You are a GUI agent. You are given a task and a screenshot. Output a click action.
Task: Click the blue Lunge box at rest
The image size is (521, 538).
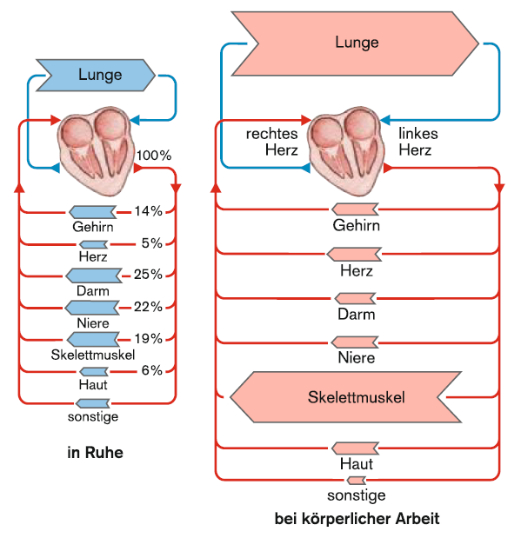click(x=96, y=75)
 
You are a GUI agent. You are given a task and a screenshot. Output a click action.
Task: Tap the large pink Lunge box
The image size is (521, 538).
click(x=356, y=43)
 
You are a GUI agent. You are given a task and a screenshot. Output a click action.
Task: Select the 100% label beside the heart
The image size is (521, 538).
click(x=154, y=156)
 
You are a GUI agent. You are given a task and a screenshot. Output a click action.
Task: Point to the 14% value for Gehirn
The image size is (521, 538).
click(x=148, y=211)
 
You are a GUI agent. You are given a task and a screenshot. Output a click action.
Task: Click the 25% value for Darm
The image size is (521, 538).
click(x=148, y=274)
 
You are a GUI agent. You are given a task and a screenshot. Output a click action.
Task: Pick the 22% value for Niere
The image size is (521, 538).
click(x=148, y=307)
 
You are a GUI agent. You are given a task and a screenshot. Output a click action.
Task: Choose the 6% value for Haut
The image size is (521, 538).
click(x=152, y=370)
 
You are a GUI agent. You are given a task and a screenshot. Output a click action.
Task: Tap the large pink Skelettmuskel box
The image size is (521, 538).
click(x=346, y=397)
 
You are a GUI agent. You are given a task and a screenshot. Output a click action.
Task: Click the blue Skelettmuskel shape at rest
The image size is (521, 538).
click(x=93, y=339)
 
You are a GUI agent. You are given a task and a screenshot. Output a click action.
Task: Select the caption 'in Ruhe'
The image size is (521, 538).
click(x=95, y=452)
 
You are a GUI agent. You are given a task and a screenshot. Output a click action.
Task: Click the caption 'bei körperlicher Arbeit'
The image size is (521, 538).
click(x=357, y=518)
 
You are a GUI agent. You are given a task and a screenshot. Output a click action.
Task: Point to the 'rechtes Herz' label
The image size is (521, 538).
click(x=271, y=142)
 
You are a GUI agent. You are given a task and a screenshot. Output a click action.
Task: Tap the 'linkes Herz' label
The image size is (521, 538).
click(x=418, y=142)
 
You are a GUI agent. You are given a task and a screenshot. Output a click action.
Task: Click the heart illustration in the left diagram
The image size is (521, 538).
click(x=97, y=151)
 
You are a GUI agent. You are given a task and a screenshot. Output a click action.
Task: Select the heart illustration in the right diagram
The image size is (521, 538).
click(x=346, y=151)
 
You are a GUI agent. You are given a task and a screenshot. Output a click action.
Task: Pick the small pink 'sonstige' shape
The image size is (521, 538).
click(x=356, y=481)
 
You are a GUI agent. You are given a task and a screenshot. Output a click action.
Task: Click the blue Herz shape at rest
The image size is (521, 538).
click(x=93, y=244)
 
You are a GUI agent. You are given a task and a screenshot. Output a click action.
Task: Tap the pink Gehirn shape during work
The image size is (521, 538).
click(x=355, y=209)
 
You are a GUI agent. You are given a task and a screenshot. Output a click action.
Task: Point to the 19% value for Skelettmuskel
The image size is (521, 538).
click(x=148, y=339)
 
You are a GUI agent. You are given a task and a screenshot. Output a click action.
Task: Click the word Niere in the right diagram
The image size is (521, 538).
click(x=356, y=358)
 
